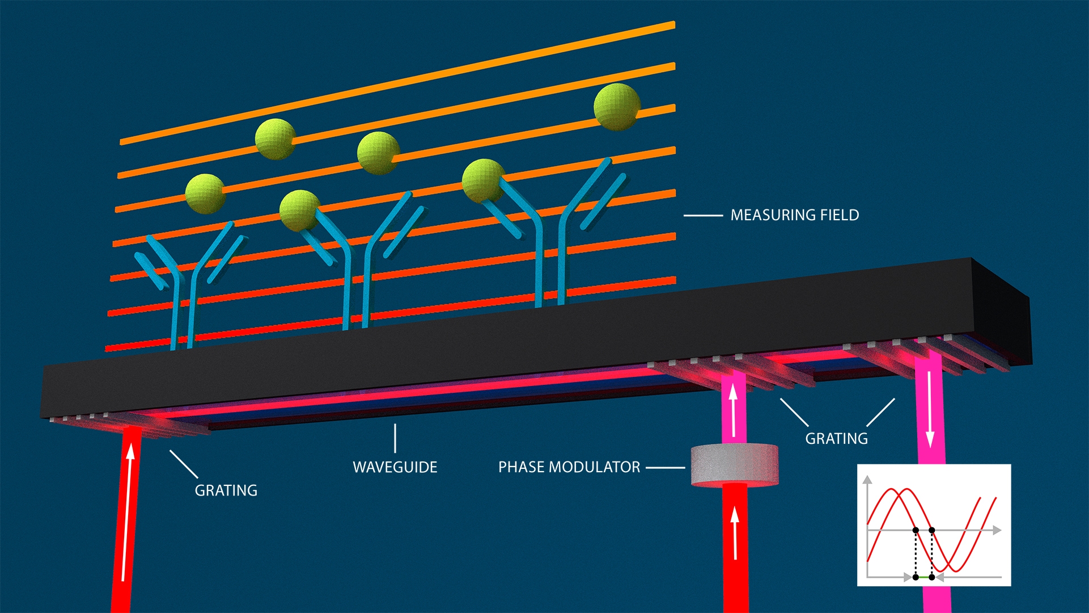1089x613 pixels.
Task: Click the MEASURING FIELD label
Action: pos(794,215)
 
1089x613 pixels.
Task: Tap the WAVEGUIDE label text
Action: pos(395,467)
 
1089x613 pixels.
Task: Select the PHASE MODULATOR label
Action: pos(569,467)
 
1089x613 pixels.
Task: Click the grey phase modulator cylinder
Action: pos(734,465)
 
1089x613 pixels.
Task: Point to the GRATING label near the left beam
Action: pos(226,490)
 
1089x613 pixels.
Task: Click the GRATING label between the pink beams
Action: pos(836,439)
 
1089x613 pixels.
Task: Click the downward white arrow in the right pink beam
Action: pos(930,409)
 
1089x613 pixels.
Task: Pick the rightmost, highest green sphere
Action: pos(617,107)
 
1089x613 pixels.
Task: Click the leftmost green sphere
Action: pos(205,194)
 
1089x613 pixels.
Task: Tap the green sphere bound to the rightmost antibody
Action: pos(483,181)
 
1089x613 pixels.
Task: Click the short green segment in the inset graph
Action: pos(924,577)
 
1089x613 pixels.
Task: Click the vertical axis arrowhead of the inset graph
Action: pos(867,480)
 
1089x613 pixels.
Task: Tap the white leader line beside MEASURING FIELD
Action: pos(703,216)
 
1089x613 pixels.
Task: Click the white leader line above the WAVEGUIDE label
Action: pos(395,438)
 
